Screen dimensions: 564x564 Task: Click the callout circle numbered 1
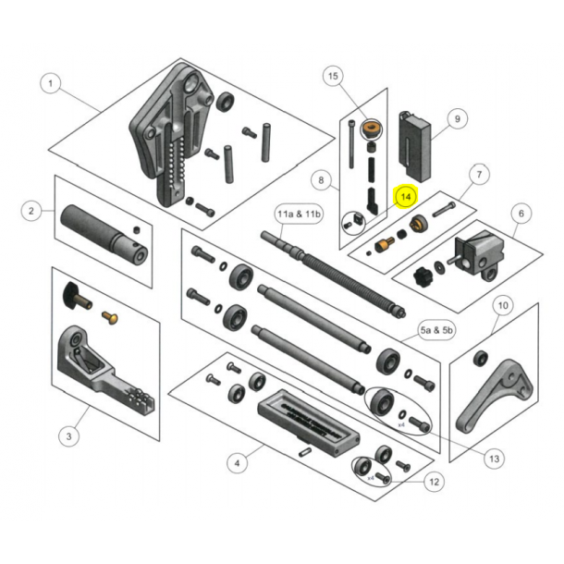[51, 84]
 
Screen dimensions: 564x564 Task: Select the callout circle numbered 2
[32, 212]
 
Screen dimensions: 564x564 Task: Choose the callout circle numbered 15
[334, 76]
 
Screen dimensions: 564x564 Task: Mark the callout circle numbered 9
[455, 118]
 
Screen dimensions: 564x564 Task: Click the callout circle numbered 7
[478, 173]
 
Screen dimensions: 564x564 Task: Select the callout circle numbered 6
[520, 215]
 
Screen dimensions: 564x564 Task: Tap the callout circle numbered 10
[502, 304]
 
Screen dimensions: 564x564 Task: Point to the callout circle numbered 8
[321, 179]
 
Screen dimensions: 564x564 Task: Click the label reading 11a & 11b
[299, 215]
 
